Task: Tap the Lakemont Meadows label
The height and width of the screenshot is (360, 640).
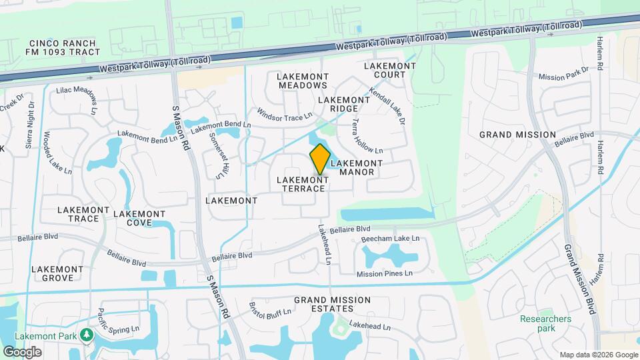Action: tap(303, 81)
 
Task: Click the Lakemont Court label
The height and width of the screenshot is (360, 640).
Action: tap(390, 70)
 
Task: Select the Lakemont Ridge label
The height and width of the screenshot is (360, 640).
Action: tap(344, 104)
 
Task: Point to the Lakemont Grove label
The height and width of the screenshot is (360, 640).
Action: tap(57, 273)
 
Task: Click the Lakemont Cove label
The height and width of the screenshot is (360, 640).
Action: tap(139, 218)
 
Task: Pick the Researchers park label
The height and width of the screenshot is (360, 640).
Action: tap(546, 323)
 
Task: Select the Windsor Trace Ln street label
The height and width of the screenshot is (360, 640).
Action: tap(285, 115)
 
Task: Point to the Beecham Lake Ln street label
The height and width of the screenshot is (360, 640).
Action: tap(390, 239)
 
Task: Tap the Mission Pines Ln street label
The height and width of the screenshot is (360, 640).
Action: tap(385, 273)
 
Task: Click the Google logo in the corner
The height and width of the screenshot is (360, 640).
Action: tap(21, 351)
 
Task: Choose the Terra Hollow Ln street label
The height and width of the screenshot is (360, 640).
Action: tap(367, 137)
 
